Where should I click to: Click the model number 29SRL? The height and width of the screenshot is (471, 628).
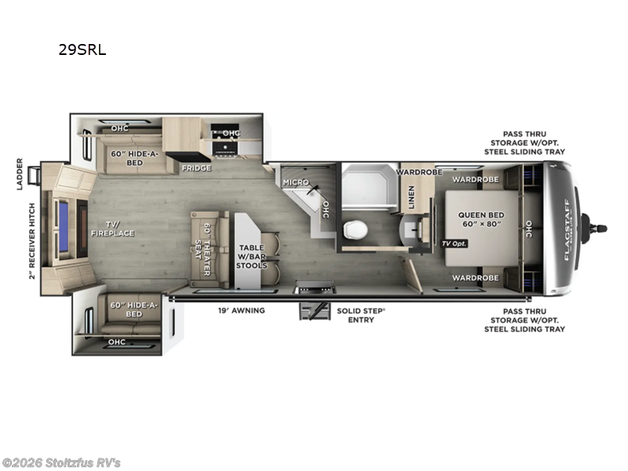82,50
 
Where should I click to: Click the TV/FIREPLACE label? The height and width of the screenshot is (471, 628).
113,228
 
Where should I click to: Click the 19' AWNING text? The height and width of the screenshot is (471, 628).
241,311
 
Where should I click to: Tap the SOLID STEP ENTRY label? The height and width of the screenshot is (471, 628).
361,316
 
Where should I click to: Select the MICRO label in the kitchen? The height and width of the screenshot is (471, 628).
295,182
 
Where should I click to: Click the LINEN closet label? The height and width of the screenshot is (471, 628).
411,197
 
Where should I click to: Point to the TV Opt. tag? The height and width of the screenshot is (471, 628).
454,244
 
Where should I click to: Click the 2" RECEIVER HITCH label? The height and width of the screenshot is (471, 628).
32,240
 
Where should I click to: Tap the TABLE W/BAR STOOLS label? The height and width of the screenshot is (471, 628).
251,257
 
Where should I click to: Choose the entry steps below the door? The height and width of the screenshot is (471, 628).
312,309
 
